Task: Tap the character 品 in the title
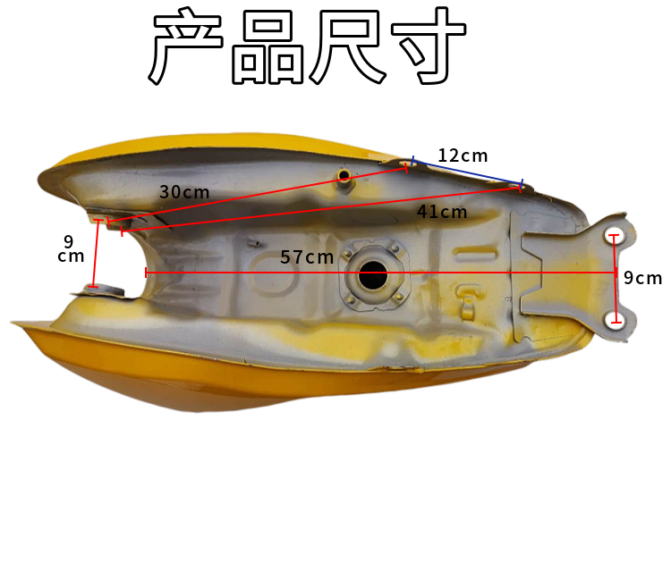point(268,49)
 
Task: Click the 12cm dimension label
point(462,155)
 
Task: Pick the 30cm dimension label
point(184,191)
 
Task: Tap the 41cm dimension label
point(442,212)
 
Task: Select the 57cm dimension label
point(307,257)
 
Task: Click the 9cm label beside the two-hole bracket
point(642,278)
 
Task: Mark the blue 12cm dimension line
point(466,173)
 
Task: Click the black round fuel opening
point(372,275)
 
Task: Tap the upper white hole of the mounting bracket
point(614,236)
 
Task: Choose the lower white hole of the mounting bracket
point(614,319)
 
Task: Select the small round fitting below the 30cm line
point(344,177)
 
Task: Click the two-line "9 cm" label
point(69,249)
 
